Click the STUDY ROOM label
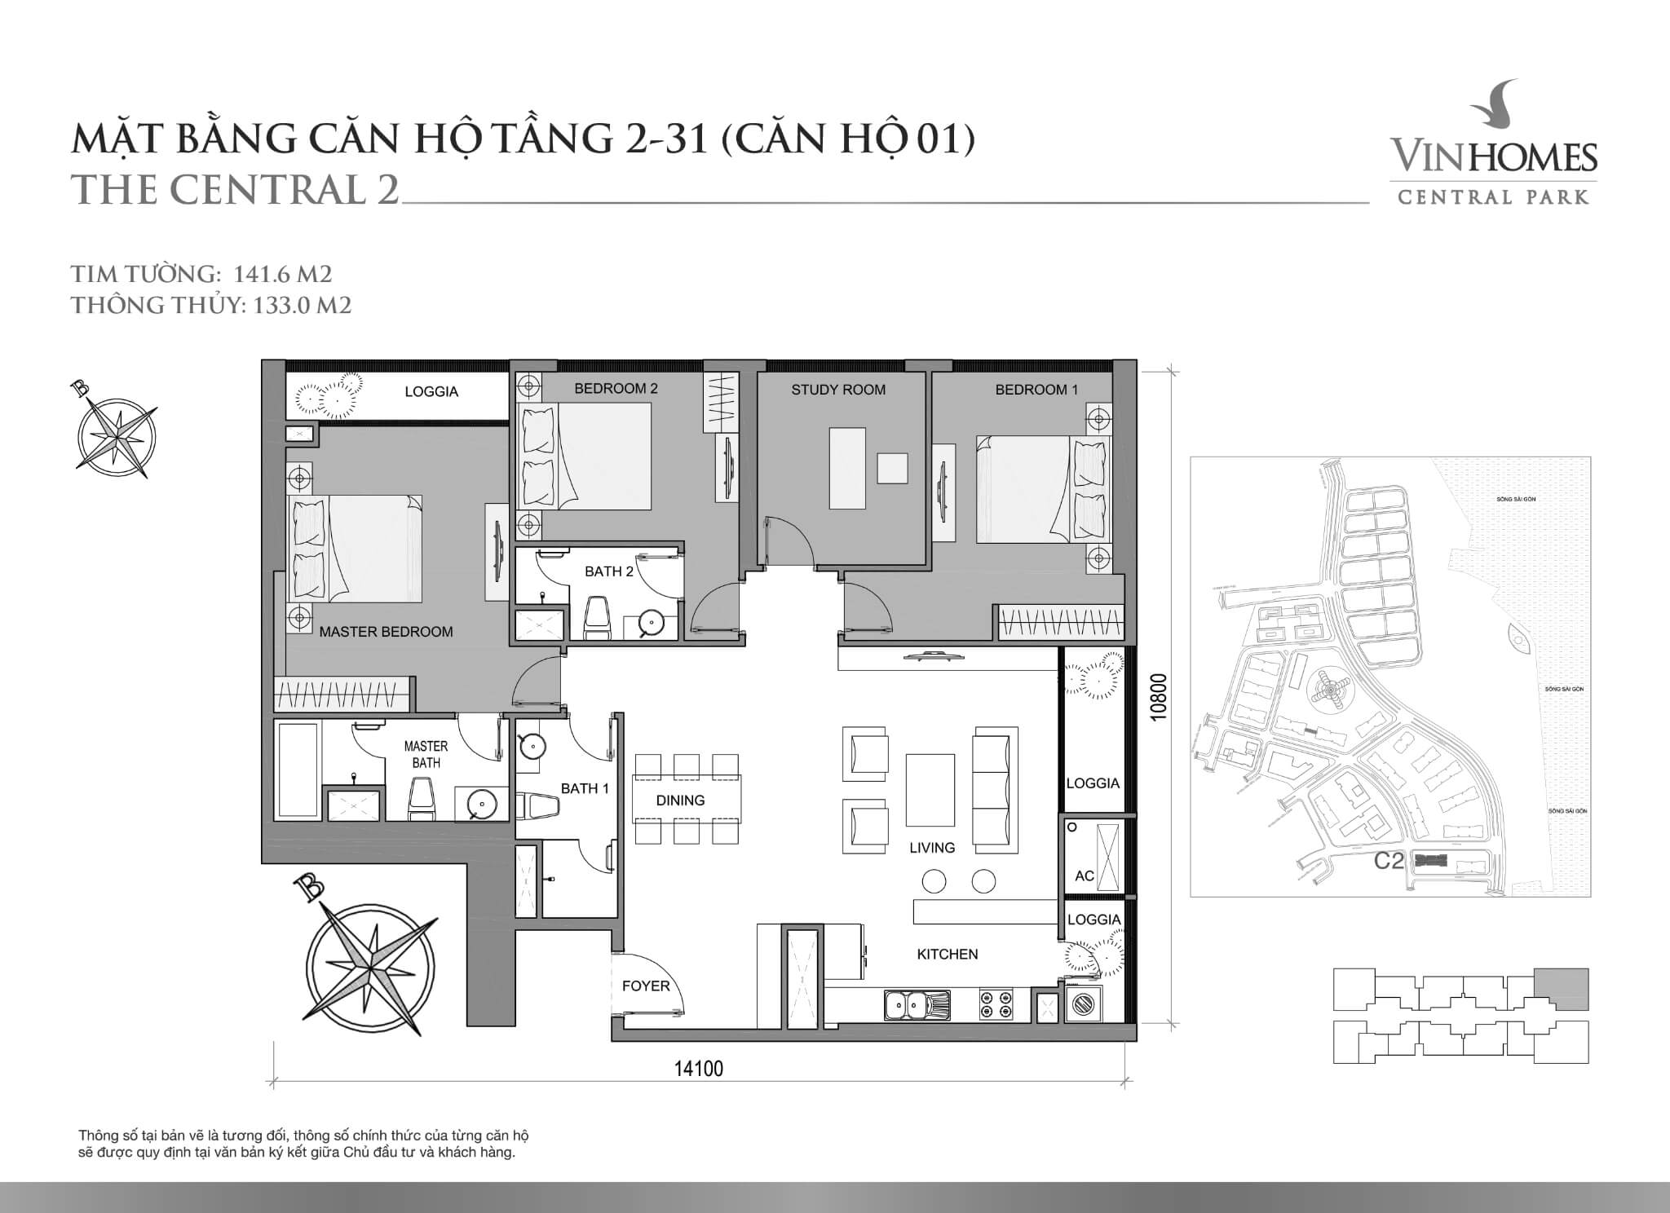tap(838, 390)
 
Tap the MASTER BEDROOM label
tap(386, 632)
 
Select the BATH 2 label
tap(608, 571)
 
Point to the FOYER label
tap(646, 986)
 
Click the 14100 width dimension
tap(699, 1069)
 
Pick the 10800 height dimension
tap(1160, 695)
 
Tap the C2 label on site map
tap(1388, 861)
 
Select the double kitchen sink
tap(917, 1004)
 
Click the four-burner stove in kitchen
tap(996, 1004)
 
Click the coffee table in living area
tap(930, 791)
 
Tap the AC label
tap(1084, 876)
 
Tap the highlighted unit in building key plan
tap(1561, 989)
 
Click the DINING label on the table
tap(680, 801)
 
